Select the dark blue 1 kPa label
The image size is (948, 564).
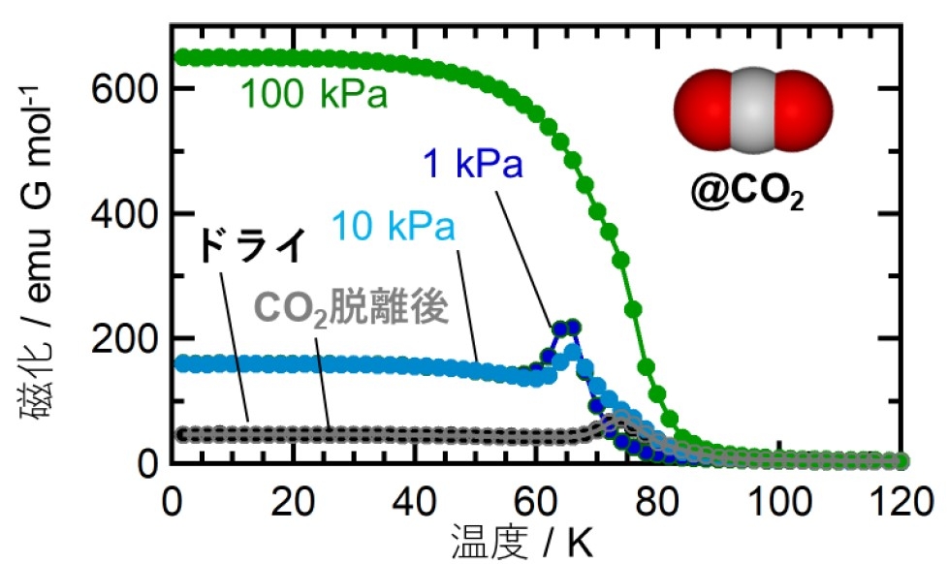tap(472, 166)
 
